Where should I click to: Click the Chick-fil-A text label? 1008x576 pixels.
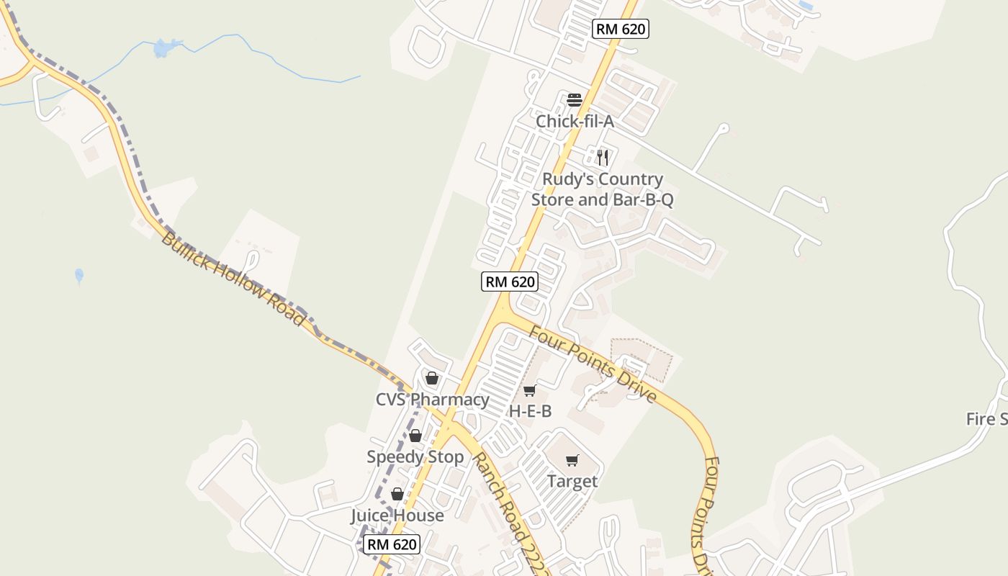pos(575,122)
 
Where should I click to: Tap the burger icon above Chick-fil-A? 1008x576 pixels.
pos(574,100)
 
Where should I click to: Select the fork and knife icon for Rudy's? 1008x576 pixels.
pos(603,158)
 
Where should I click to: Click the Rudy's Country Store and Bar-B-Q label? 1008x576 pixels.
pos(603,189)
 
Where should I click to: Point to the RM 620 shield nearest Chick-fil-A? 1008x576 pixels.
pos(621,30)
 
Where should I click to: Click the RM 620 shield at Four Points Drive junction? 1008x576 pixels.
pos(510,282)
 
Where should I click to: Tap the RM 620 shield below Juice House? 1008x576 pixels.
pos(392,544)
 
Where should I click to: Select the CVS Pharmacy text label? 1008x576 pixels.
pos(432,400)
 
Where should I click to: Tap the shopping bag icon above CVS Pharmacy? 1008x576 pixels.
pos(432,378)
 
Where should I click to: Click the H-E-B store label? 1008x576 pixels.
pos(530,411)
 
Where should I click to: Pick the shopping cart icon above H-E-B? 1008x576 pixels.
pos(529,391)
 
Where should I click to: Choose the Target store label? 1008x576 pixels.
pos(572,481)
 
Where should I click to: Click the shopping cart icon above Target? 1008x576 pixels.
pos(572,461)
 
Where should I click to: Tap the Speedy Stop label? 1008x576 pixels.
pos(415,457)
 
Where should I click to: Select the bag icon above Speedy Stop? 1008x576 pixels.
pos(415,436)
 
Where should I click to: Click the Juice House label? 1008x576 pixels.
pos(397,516)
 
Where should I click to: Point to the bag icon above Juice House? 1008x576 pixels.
pos(397,494)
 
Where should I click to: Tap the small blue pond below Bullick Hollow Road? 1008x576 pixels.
pos(79,275)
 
